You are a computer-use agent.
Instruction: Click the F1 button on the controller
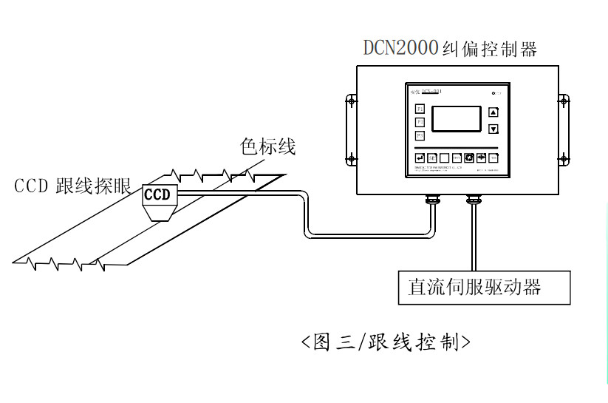[x=419, y=109]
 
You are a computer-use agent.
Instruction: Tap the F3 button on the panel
[x=419, y=135]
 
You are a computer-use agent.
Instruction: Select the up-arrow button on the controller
[x=493, y=112]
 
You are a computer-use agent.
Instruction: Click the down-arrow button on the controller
[x=493, y=129]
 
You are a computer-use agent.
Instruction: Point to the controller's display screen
[x=456, y=119]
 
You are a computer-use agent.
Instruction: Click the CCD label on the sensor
[x=157, y=194]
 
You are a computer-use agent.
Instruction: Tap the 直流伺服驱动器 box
[x=484, y=286]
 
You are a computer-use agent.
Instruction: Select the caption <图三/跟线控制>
[x=386, y=342]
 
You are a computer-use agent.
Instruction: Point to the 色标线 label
[x=267, y=146]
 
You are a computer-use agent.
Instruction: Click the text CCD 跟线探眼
[x=72, y=186]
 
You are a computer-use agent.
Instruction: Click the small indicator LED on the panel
[x=493, y=93]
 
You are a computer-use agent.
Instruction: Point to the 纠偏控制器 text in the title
[x=488, y=49]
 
